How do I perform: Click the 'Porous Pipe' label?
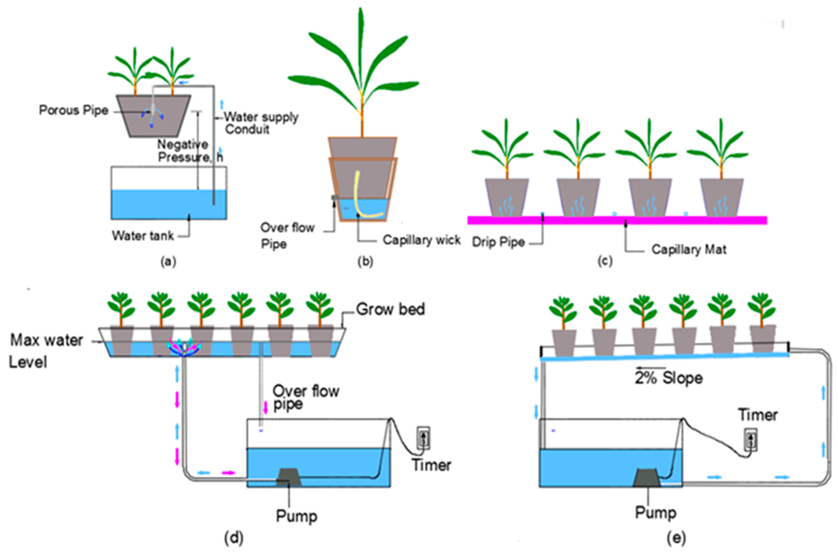[73, 110]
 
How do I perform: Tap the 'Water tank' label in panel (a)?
[143, 236]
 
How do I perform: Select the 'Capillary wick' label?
[421, 240]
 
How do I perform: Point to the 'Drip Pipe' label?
[498, 242]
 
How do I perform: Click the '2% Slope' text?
[669, 378]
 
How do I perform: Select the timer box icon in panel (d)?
[423, 438]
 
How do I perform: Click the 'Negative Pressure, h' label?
[190, 151]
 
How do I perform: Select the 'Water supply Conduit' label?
[261, 123]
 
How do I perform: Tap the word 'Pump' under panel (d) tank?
[296, 516]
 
